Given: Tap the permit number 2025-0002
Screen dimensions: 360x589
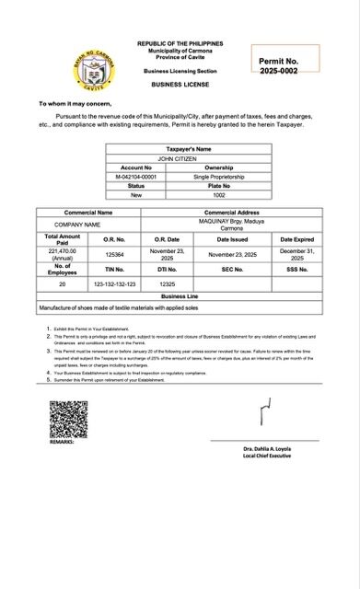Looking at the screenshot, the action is [278, 71].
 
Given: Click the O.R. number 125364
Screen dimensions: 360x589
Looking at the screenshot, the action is [115, 253].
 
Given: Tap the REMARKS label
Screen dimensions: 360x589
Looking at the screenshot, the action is [62, 443].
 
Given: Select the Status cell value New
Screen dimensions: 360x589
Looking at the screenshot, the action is [136, 195].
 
